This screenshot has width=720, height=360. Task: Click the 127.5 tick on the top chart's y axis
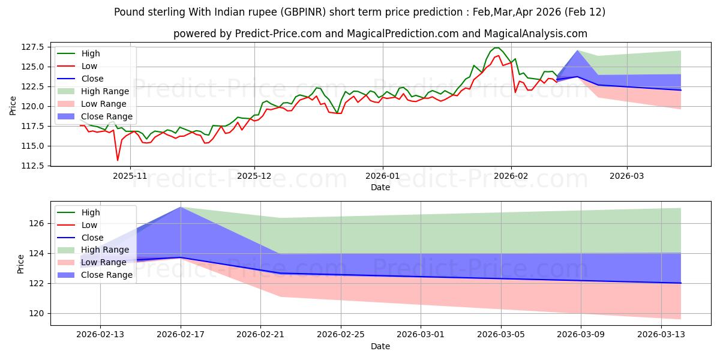[x=34, y=47]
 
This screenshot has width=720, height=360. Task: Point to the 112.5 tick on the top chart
[x=34, y=166]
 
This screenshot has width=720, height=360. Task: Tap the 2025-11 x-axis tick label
[x=130, y=176]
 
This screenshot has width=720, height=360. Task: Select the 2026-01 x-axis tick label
[x=383, y=176]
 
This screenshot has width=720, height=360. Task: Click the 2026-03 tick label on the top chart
[x=627, y=176]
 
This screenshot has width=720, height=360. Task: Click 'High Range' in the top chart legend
[x=105, y=91]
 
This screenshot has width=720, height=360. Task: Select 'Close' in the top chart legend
[x=92, y=79]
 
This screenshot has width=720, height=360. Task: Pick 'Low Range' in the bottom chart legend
[x=104, y=262]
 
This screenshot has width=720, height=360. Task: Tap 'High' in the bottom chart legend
[x=91, y=212]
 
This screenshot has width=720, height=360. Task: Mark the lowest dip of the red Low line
[x=118, y=160]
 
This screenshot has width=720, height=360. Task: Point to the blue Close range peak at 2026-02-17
[x=181, y=207]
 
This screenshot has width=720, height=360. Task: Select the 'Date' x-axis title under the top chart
[x=380, y=187]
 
